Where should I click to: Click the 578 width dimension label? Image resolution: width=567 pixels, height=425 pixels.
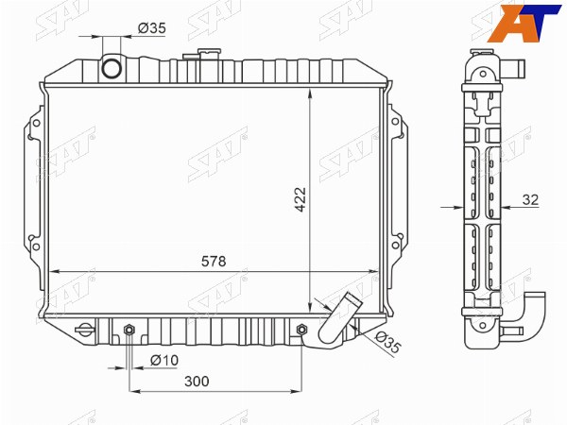point(214,261)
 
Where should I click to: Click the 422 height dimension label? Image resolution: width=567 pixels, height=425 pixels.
point(301,199)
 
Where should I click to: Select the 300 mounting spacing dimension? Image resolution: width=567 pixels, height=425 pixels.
point(197,381)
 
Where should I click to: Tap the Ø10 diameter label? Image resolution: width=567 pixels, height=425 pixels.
point(164,360)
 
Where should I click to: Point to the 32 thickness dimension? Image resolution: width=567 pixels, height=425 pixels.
point(530,199)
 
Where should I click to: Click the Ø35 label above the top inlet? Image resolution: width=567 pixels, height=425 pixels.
point(151,27)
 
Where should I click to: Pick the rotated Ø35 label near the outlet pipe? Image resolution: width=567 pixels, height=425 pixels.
point(388,342)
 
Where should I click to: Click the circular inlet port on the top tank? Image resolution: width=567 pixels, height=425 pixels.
point(111,68)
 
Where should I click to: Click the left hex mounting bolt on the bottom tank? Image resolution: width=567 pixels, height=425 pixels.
point(129,330)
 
